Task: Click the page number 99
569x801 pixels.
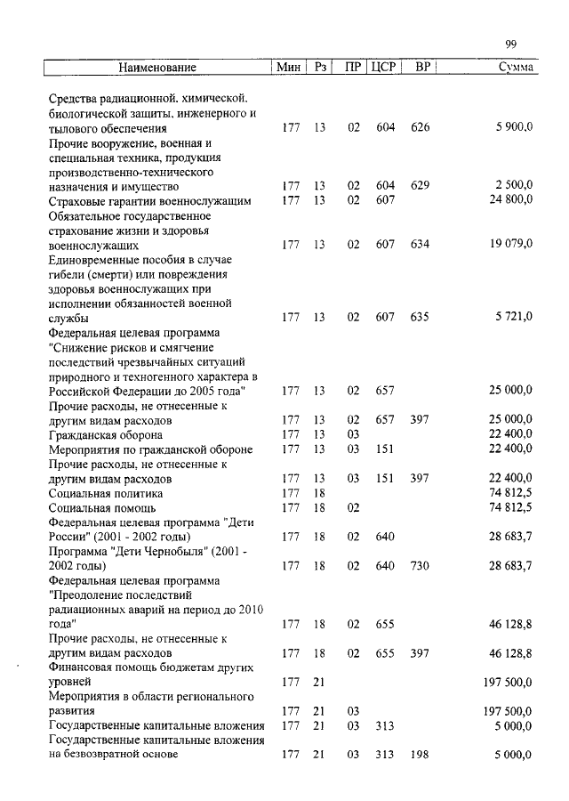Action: pos(510,44)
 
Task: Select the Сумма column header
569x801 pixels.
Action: pos(516,68)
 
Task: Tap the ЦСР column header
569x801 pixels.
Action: pos(383,68)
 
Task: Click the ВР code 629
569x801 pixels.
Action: pos(421,186)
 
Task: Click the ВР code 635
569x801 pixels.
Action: pos(421,317)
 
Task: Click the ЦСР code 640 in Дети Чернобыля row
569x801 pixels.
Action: pos(385,566)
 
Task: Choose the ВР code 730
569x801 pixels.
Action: pos(421,566)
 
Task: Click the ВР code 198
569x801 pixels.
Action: pos(421,756)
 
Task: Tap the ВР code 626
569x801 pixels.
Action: pos(421,127)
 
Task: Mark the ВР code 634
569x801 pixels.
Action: pos(421,244)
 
